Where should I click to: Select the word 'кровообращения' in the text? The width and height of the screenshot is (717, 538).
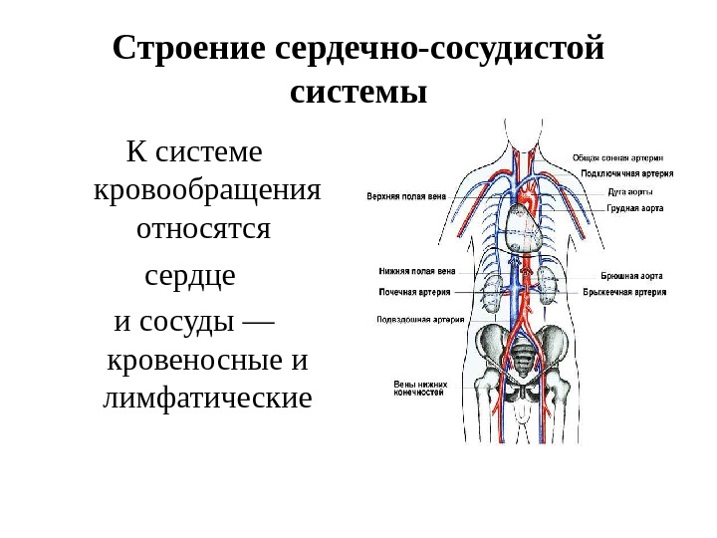(207, 189)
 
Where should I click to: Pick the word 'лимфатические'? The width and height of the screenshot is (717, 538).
(207, 400)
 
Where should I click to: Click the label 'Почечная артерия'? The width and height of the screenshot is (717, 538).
(414, 293)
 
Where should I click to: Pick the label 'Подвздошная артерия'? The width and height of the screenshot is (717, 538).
(418, 320)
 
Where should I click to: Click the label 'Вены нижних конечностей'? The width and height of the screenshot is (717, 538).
(421, 388)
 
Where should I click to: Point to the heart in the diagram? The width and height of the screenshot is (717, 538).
(526, 229)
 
